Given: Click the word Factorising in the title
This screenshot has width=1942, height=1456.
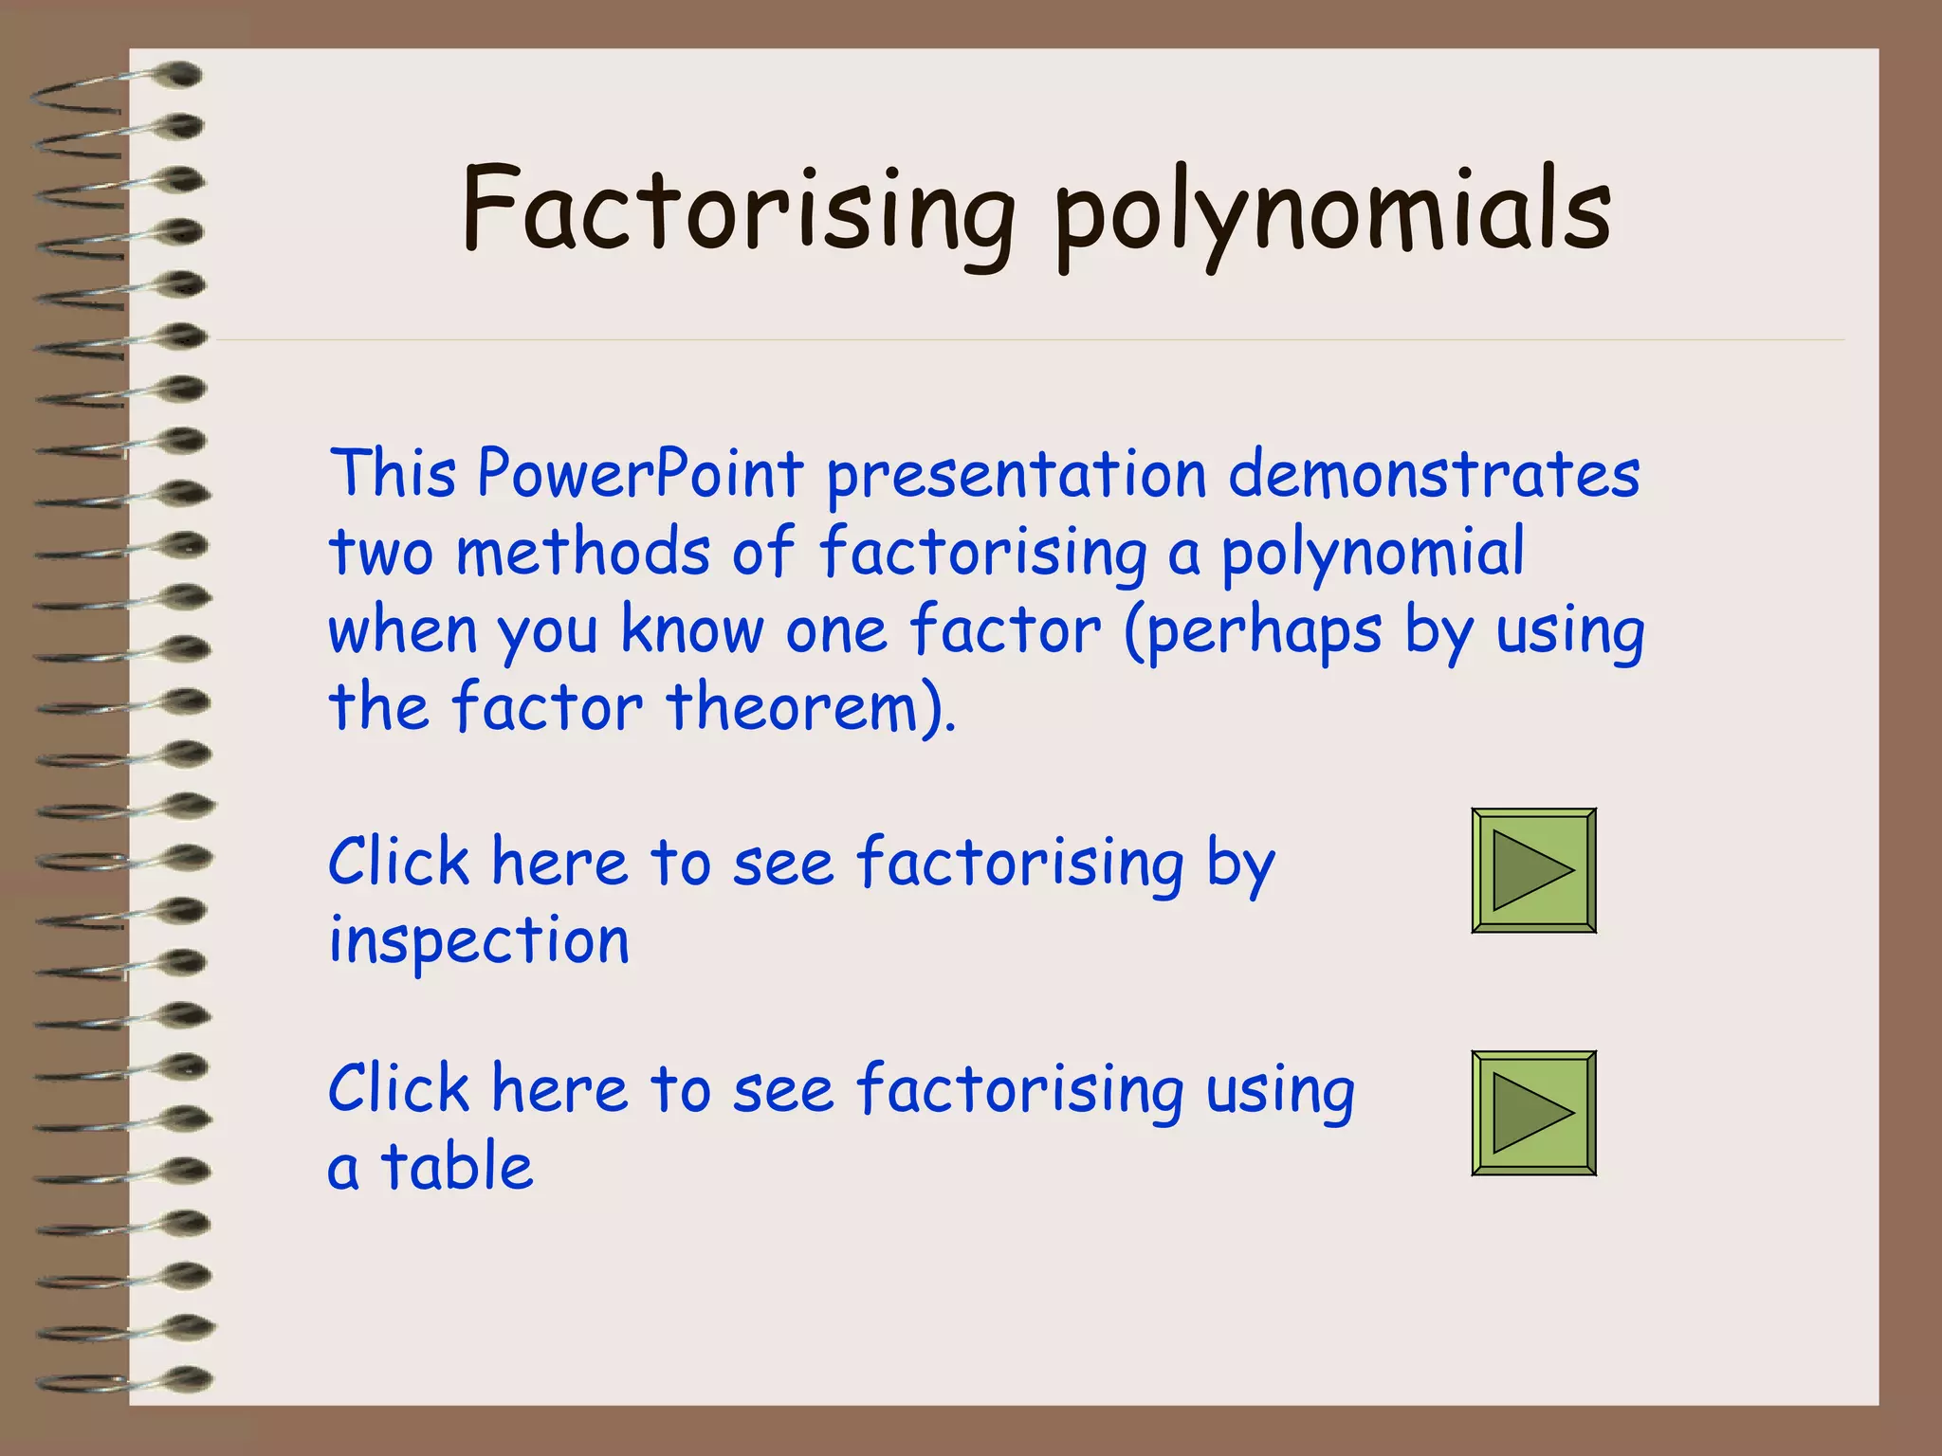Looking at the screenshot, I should coord(738,210).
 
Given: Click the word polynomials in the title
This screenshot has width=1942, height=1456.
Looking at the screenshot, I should coord(1332,213).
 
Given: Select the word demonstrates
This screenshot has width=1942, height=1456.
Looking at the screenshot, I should coord(1434,474).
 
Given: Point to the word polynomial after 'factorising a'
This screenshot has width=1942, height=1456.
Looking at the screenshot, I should coord(1372,554).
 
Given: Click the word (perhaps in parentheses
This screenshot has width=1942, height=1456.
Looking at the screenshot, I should coord(1252,631).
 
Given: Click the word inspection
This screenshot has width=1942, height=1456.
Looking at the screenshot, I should coord(479,941).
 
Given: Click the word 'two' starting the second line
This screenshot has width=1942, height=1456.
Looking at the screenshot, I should coord(381,552).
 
